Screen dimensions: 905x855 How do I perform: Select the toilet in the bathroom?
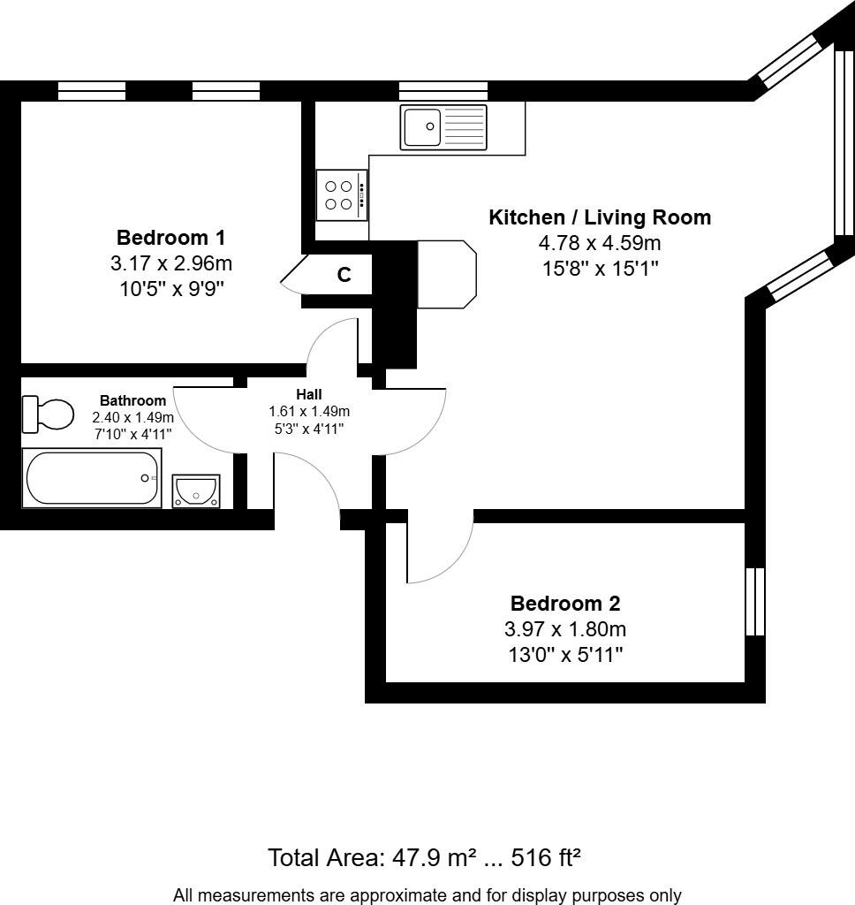[49, 414]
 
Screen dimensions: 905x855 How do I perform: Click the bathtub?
[92, 478]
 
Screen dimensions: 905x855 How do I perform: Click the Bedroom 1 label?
[170, 238]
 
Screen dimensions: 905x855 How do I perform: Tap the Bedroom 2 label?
[565, 604]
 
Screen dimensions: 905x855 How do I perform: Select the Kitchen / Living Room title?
[600, 217]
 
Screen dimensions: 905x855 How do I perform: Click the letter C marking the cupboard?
[344, 275]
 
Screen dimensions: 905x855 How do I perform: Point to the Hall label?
[309, 394]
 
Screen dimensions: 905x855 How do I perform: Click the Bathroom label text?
[132, 400]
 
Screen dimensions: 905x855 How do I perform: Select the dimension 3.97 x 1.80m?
[565, 629]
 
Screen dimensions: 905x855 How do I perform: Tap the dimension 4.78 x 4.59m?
[600, 243]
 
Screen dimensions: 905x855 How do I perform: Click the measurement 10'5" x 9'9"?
[170, 288]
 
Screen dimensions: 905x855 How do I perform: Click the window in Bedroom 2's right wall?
[755, 601]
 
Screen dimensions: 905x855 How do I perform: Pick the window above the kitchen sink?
[443, 90]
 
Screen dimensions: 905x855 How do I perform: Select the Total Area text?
[424, 857]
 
